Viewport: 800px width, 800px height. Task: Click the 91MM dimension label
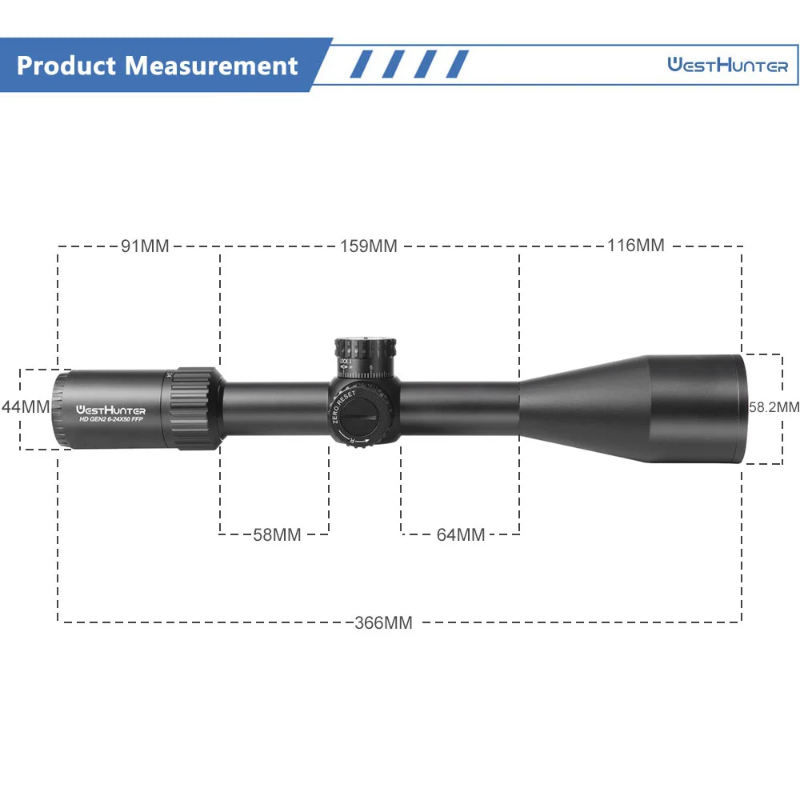point(145,246)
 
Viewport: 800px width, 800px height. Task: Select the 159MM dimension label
point(369,246)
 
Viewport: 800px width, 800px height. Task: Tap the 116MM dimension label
point(635,246)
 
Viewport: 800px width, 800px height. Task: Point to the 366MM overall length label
point(384,622)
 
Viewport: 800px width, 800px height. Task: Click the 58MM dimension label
point(277,535)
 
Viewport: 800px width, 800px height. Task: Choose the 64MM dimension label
point(461,535)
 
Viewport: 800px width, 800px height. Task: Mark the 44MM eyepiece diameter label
point(26,406)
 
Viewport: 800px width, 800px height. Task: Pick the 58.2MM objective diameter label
point(774,407)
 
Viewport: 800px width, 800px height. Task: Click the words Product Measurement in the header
point(157,66)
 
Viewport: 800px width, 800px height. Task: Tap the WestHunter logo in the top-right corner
point(727,66)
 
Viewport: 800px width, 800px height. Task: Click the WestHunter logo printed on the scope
point(111,402)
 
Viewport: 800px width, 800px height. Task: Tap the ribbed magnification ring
point(195,408)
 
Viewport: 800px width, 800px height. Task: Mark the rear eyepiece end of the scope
point(61,408)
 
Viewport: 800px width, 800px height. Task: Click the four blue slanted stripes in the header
point(409,65)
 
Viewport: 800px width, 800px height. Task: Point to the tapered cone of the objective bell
point(584,408)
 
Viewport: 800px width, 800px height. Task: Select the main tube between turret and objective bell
point(460,408)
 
